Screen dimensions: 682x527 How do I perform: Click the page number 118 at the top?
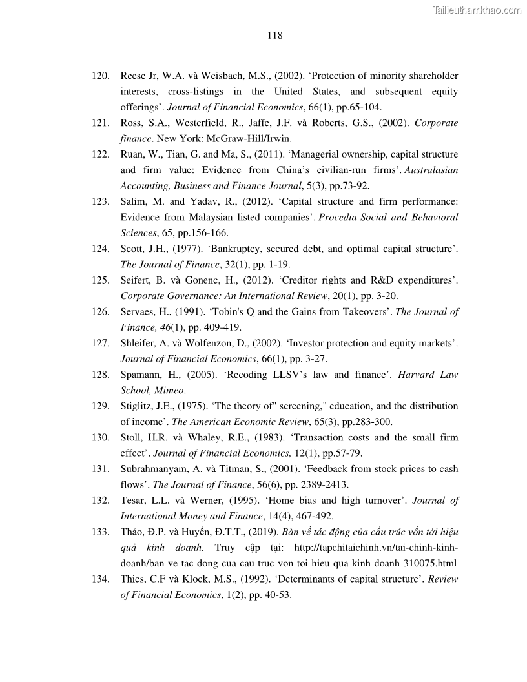coord(274,36)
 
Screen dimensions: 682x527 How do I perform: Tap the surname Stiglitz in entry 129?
coord(137,406)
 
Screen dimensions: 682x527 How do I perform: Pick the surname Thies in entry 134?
coord(133,579)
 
